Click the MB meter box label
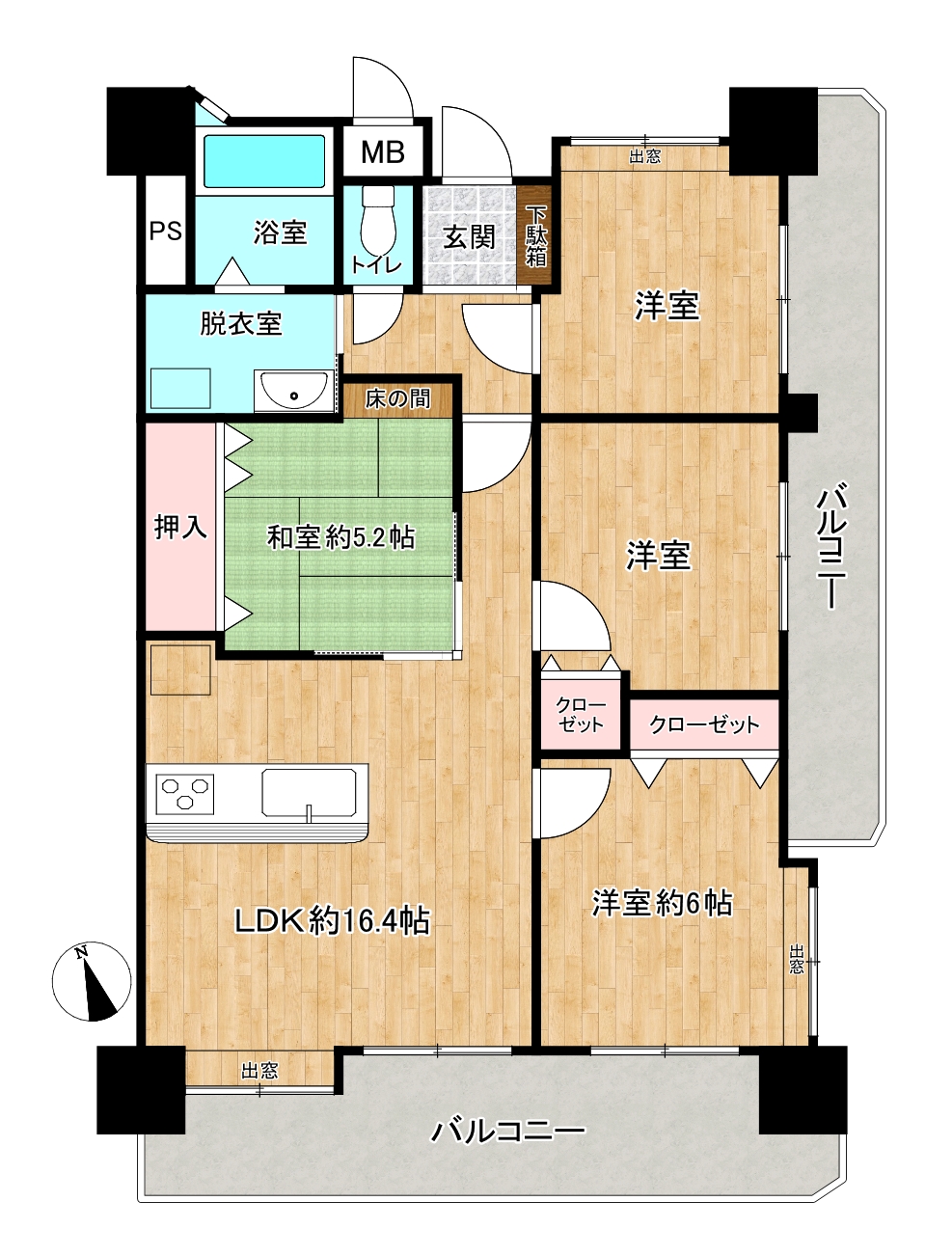383,151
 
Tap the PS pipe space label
166,231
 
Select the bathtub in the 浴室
264,160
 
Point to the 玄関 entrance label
469,237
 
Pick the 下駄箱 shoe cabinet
535,234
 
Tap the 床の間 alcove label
398,399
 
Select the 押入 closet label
180,527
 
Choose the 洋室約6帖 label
662,903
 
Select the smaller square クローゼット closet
581,716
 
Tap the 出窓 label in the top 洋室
644,156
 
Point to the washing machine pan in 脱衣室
180,388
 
